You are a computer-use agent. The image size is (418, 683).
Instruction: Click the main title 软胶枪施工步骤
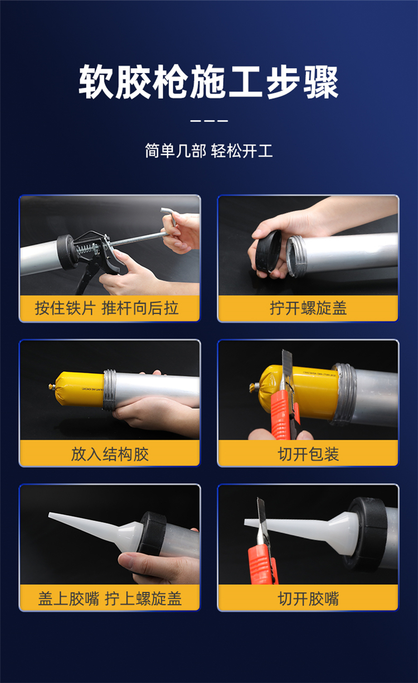[x=208, y=81]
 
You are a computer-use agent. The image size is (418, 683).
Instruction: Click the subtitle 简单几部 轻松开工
[x=208, y=150]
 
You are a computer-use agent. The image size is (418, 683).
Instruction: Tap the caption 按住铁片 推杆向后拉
[x=106, y=307]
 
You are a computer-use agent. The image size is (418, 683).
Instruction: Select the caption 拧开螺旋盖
[x=308, y=307]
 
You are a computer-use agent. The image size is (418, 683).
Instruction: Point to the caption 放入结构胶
[x=110, y=454]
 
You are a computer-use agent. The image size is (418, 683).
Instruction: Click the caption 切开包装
[x=308, y=454]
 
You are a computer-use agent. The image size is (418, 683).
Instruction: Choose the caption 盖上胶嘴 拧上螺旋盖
[x=110, y=598]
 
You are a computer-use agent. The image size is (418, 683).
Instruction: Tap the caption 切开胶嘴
[x=308, y=598]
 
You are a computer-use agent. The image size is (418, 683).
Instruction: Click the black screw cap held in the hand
[x=268, y=252]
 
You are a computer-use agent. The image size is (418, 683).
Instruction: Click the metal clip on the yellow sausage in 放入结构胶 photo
[x=51, y=387]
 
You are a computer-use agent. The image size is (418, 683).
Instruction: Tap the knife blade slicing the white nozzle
[x=261, y=522]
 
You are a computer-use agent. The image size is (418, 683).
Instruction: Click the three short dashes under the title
[x=209, y=121]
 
